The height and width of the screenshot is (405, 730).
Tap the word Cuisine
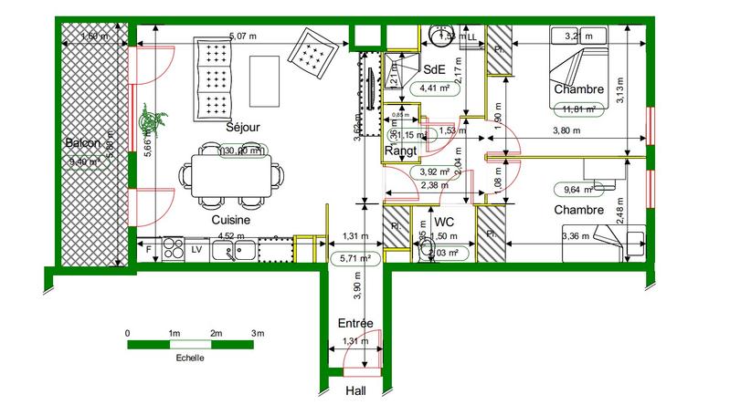pyautogui.click(x=231, y=220)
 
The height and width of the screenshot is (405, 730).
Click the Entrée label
pyautogui.click(x=354, y=324)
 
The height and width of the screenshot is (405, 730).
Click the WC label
pyautogui.click(x=444, y=222)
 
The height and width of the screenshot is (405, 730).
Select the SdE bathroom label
pyautogui.click(x=435, y=69)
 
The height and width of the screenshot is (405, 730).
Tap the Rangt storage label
pyautogui.click(x=401, y=151)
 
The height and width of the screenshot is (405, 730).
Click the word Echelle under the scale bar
pyautogui.click(x=190, y=358)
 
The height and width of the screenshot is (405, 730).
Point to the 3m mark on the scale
pyautogui.click(x=258, y=333)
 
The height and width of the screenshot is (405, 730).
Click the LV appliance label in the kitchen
pyautogui.click(x=196, y=247)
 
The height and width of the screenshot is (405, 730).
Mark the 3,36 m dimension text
pyautogui.click(x=577, y=236)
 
